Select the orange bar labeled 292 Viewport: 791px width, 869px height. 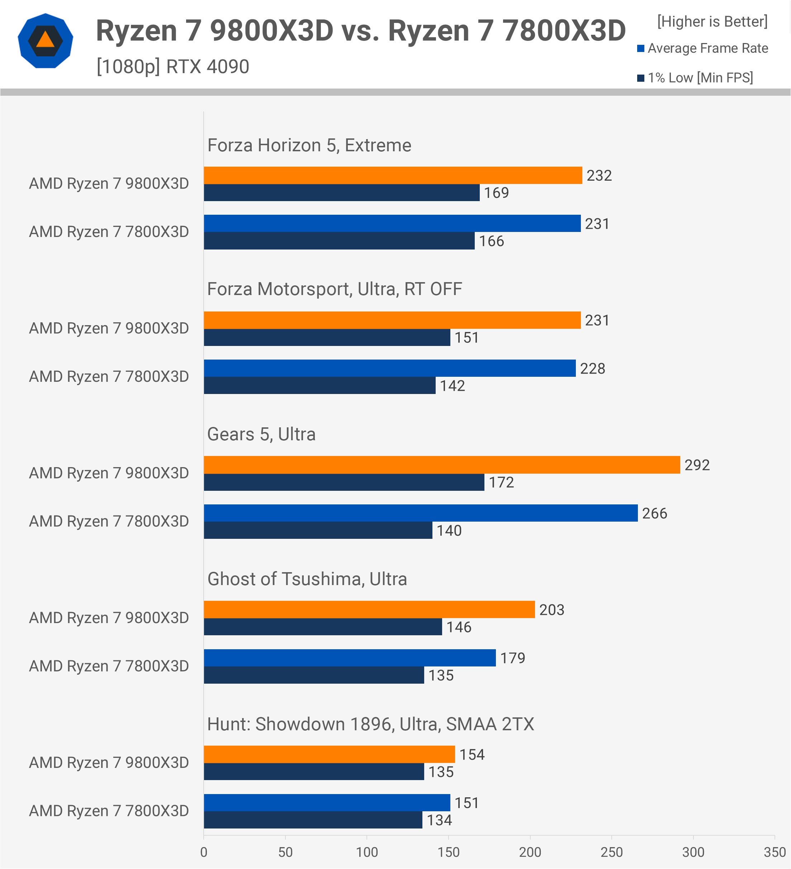coord(442,465)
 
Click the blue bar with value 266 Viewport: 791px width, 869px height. coord(421,513)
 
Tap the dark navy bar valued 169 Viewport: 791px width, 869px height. coord(341,193)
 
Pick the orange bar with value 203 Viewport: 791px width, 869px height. coord(369,609)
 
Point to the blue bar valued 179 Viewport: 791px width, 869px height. coord(350,658)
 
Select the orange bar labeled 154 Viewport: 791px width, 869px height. coord(329,754)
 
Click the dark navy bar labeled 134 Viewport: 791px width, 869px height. coord(313,820)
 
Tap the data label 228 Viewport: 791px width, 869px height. coord(592,369)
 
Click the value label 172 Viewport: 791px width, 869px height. coord(501,482)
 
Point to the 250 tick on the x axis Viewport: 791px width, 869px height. coord(611,852)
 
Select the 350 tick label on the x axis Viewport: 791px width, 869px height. coord(774,852)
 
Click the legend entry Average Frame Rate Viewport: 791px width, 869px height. coord(707,48)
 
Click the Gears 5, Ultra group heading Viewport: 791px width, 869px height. coord(261,434)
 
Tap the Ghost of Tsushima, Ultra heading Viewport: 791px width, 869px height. coord(307,579)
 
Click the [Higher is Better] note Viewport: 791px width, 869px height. coord(712,22)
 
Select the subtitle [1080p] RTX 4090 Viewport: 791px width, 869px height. coord(173,66)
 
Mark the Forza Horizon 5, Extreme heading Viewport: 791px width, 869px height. coord(309,145)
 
